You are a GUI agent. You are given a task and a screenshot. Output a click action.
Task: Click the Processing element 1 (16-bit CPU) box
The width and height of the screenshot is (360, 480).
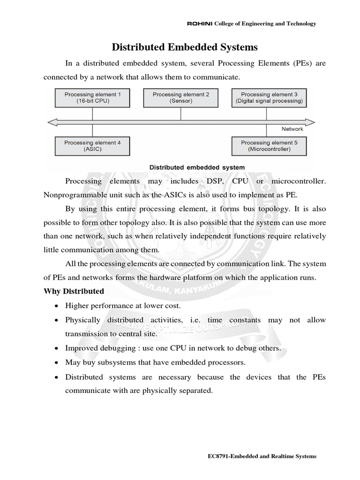(92, 98)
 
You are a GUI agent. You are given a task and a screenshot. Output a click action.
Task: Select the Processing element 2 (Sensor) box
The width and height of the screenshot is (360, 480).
(181, 98)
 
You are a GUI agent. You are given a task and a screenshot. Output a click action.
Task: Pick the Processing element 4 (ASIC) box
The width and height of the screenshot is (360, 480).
(92, 146)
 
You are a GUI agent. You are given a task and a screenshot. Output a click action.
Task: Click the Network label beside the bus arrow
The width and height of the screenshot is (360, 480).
(292, 128)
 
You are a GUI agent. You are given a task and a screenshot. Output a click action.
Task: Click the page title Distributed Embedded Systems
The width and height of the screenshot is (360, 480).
(184, 47)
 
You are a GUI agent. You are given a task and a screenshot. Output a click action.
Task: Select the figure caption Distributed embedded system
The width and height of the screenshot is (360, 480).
(196, 167)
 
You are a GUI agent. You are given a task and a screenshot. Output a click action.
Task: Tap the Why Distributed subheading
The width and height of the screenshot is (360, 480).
(74, 291)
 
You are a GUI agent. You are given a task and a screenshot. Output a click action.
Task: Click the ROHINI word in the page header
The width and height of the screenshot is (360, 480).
(200, 23)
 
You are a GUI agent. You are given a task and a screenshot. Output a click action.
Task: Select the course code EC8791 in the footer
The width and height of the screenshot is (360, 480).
(218, 456)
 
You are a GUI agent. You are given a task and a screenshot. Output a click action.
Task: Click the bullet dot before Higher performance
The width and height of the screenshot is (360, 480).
(57, 306)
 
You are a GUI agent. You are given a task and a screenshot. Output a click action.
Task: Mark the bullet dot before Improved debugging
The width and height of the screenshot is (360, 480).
(57, 348)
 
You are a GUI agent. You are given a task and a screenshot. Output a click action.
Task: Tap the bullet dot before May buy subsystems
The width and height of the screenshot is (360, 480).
(57, 363)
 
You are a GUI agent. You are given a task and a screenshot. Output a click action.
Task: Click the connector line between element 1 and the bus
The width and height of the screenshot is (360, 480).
(92, 113)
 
